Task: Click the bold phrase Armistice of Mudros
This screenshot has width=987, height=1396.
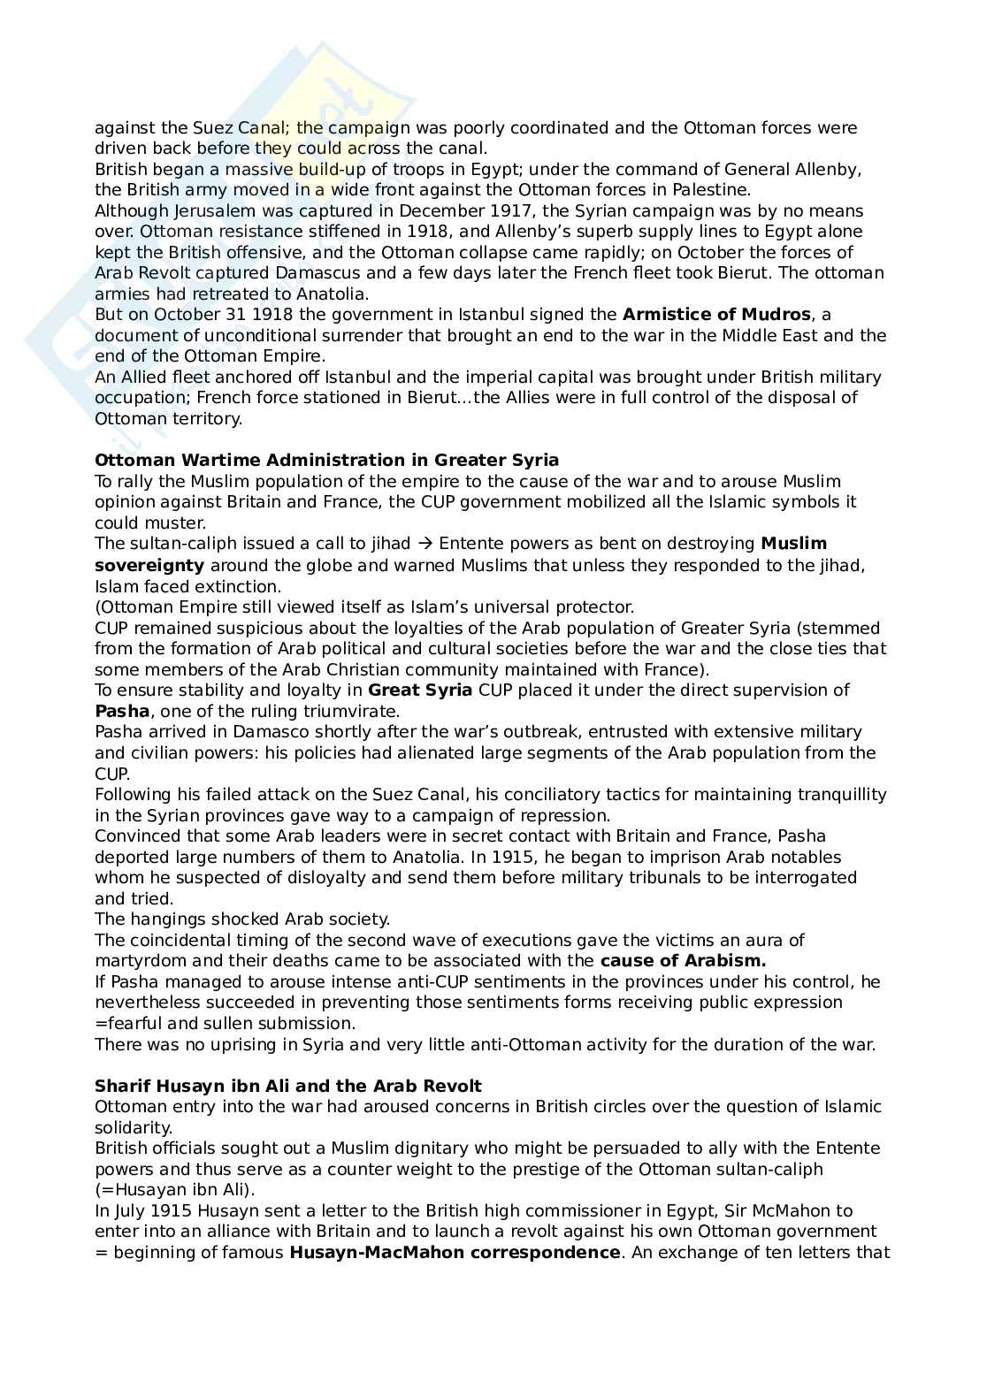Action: pyautogui.click(x=716, y=315)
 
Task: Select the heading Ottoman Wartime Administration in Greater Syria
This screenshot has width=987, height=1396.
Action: pyautogui.click(x=326, y=461)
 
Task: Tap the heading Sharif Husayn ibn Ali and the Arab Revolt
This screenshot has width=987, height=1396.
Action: pyautogui.click(x=288, y=1087)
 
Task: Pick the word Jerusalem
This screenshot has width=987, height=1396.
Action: pyautogui.click(x=204, y=211)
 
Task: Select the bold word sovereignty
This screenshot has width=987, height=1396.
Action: pyautogui.click(x=149, y=565)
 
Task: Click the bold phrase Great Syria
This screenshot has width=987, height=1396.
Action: pyautogui.click(x=420, y=690)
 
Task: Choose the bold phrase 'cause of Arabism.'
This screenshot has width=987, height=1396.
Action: pyautogui.click(x=683, y=961)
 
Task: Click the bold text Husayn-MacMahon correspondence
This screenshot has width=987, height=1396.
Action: pyautogui.click(x=455, y=1253)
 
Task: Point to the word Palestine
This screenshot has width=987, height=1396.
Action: pyautogui.click(x=708, y=190)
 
